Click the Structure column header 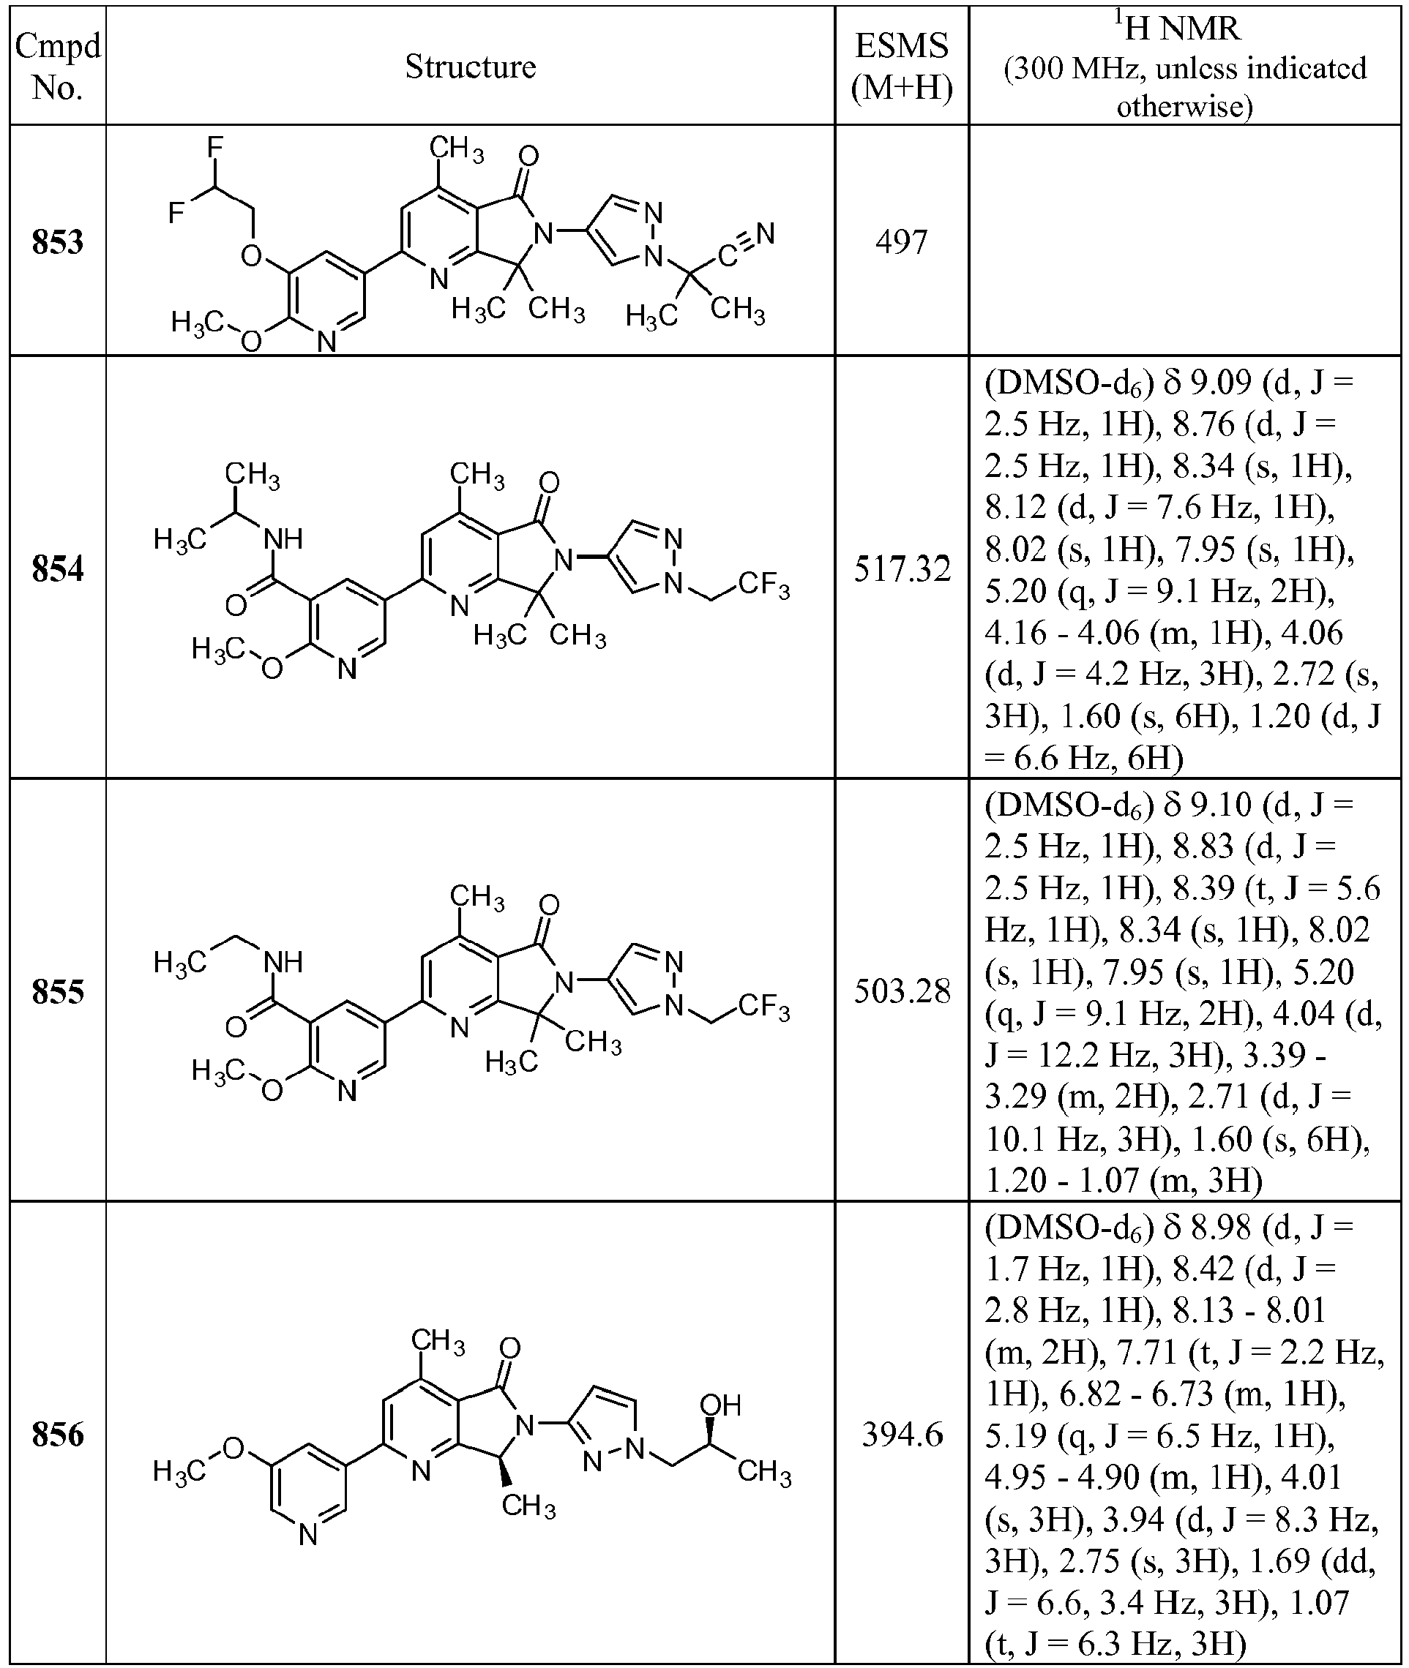(x=471, y=67)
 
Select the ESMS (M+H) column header (x=902, y=67)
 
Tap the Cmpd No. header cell (x=58, y=67)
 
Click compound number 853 (x=58, y=242)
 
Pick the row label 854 (x=58, y=569)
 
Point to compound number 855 (x=58, y=992)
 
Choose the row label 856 (x=58, y=1435)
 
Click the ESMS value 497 (x=902, y=242)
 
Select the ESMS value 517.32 (x=902, y=569)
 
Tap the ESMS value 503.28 (x=902, y=992)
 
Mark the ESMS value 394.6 (x=902, y=1435)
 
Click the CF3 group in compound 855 (x=763, y=1007)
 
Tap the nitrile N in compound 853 (x=766, y=233)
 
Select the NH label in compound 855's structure (x=283, y=962)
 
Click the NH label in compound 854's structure (x=283, y=540)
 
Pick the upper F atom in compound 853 (x=215, y=147)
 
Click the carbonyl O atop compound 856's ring (x=509, y=1348)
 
